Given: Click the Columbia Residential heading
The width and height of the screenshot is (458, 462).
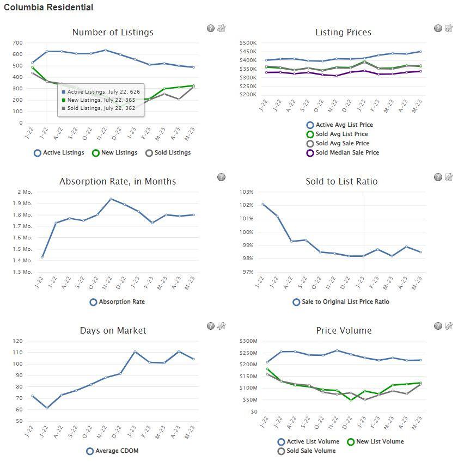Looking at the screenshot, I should coord(48,8).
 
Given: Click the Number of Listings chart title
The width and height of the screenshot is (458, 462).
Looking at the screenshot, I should coord(113,33).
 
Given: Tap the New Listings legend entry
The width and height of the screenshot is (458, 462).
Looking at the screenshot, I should coord(114,153).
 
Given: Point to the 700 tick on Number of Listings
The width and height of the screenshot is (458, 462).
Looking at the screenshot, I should coord(17,43).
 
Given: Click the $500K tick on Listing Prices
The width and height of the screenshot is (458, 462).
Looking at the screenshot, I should coord(248,43).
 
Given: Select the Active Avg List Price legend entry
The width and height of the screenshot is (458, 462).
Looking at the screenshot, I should coord(340,125).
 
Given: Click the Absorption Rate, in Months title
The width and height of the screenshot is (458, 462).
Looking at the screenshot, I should coord(118,182).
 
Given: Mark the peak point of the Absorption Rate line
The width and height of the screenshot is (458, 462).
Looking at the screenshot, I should coord(111,199).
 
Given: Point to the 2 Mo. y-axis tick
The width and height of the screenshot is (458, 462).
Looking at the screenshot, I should coord(25,192).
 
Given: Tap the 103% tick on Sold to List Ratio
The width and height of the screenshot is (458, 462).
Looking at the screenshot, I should coord(247,192).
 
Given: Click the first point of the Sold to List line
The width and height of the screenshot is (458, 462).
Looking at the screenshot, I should coord(263,205).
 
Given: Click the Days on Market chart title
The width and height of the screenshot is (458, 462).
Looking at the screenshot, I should coord(113,331).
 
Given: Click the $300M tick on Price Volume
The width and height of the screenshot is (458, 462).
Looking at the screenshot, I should coord(248,341).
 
